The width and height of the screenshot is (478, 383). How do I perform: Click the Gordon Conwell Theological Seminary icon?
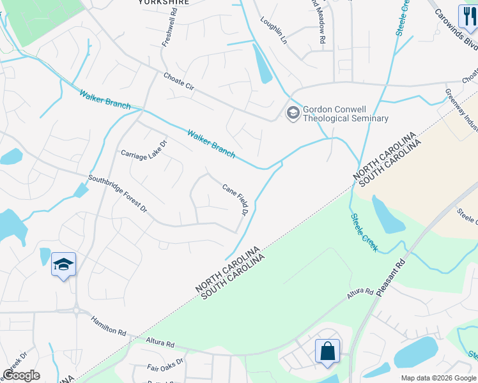click(x=293, y=113)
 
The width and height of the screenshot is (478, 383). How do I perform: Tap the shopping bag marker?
click(x=327, y=351)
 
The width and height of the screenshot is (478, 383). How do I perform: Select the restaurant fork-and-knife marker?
click(x=468, y=17)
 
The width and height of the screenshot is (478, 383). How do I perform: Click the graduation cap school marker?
click(x=63, y=264)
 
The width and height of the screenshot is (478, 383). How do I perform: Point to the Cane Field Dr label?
click(x=235, y=199)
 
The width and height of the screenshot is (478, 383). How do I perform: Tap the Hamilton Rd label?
click(x=108, y=326)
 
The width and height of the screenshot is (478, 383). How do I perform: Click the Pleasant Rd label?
click(x=392, y=278)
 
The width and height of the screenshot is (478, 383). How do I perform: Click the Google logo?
click(x=21, y=375)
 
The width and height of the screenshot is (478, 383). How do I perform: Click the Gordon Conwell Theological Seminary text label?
click(x=345, y=114)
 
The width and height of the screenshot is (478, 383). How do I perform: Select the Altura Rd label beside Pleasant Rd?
click(x=360, y=294)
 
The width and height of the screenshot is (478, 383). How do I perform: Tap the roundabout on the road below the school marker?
click(x=76, y=312)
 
